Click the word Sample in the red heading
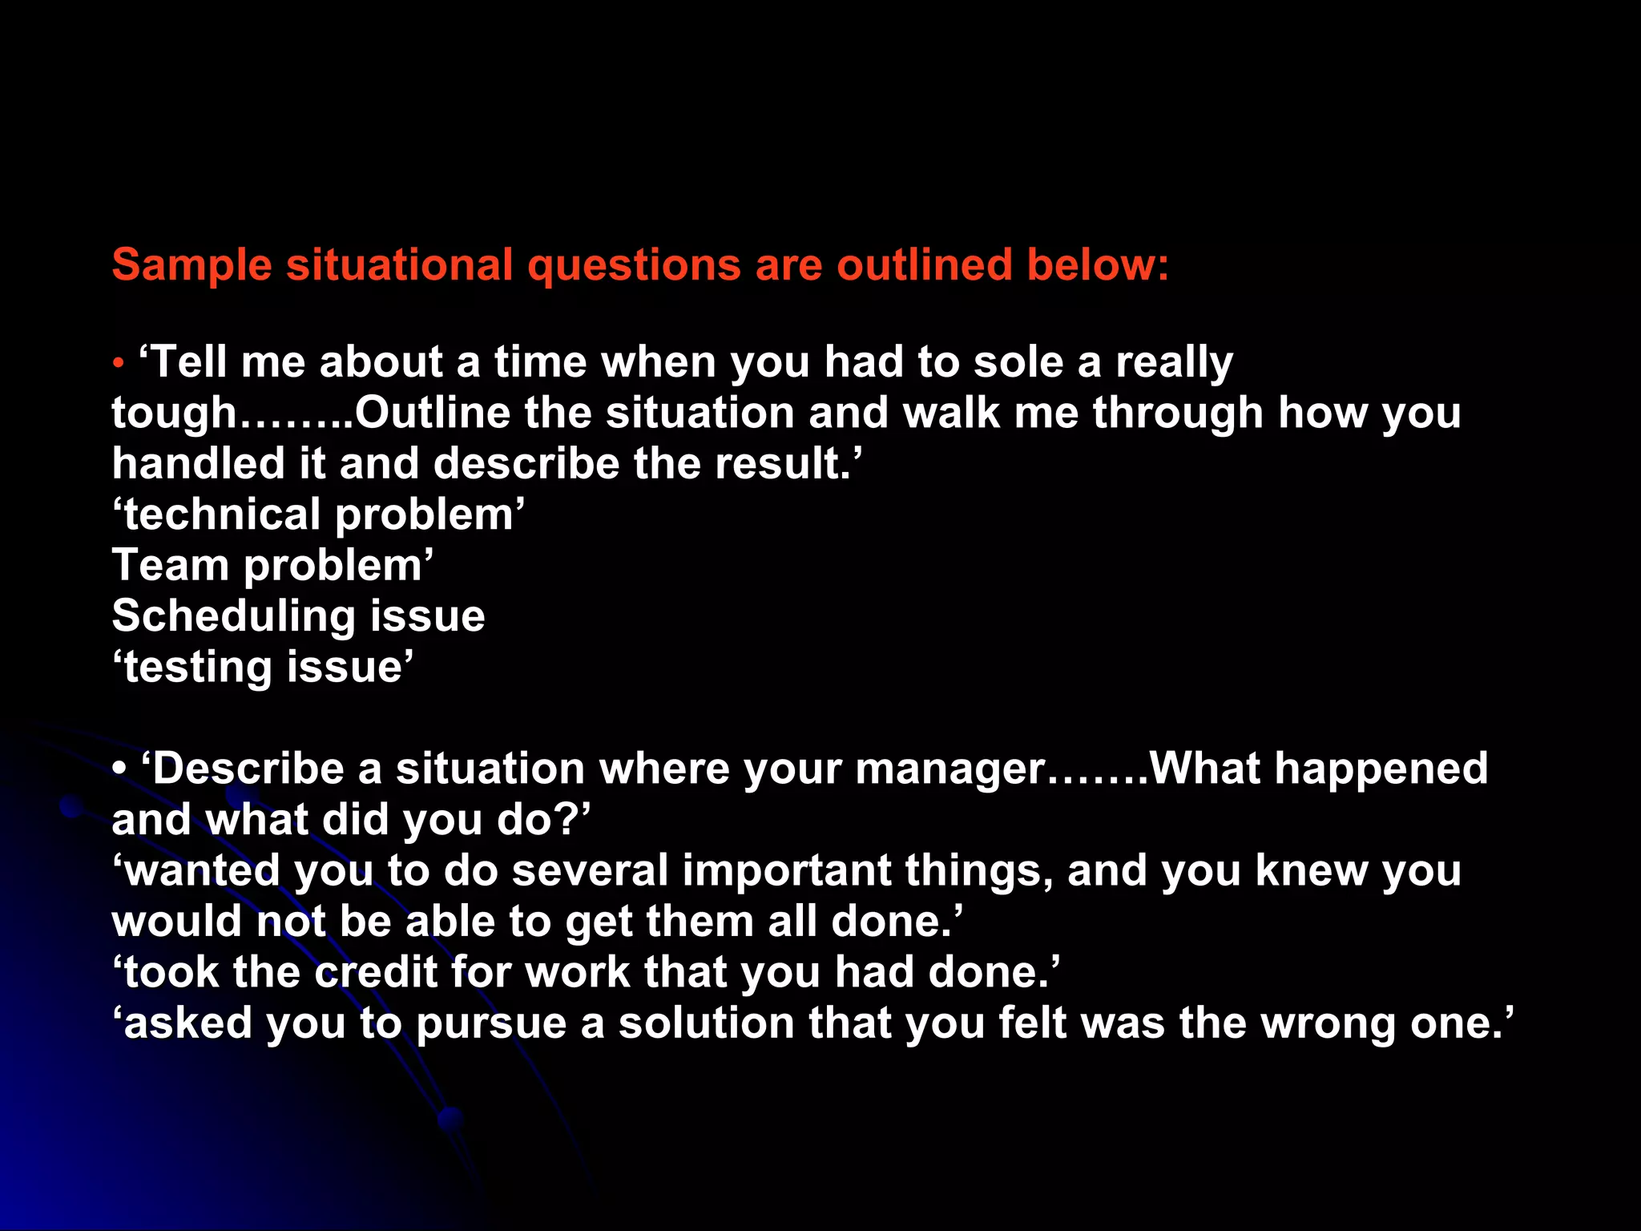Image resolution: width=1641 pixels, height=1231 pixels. pyautogui.click(x=192, y=264)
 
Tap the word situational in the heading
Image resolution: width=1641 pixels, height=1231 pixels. pyautogui.click(x=400, y=264)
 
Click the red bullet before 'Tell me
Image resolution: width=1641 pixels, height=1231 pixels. pyautogui.click(x=119, y=363)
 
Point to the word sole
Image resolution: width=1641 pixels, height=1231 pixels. pyautogui.click(x=1018, y=362)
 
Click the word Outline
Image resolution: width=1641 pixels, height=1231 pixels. pyautogui.click(x=433, y=413)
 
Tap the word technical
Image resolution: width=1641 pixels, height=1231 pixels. pyautogui.click(x=222, y=515)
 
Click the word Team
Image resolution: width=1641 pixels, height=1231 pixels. pyautogui.click(x=170, y=565)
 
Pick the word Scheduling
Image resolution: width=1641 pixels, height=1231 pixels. pyautogui.click(x=232, y=616)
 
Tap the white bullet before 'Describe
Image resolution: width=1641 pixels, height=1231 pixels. pyautogui.click(x=119, y=769)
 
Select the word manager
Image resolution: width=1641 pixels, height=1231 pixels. pyautogui.click(x=950, y=769)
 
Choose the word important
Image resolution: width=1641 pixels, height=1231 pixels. pyautogui.click(x=787, y=870)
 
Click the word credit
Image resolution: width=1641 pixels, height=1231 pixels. pyautogui.click(x=375, y=972)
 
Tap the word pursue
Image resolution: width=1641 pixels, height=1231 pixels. pyautogui.click(x=491, y=1023)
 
